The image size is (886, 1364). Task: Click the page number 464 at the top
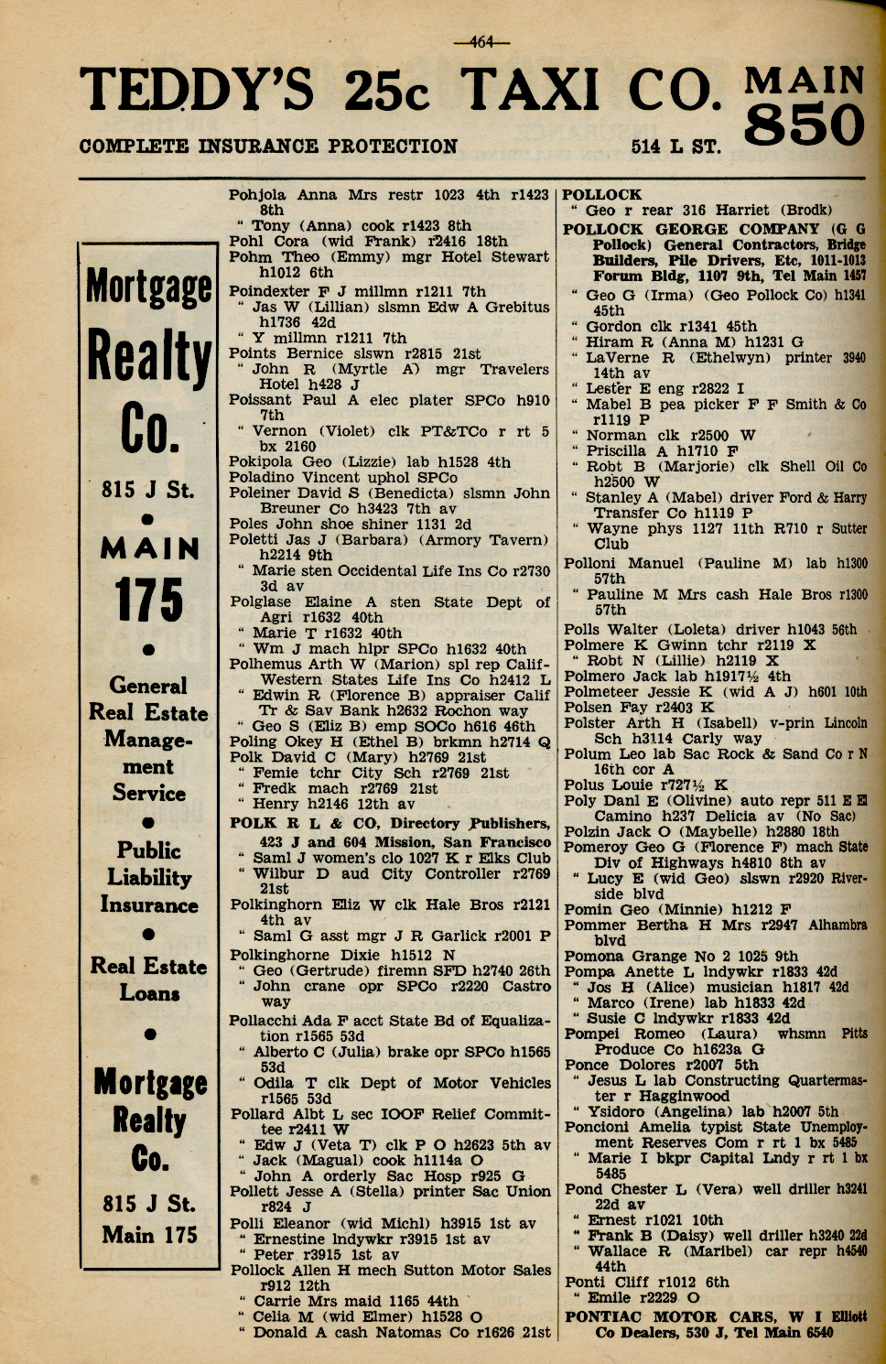(481, 40)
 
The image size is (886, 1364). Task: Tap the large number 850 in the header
(805, 124)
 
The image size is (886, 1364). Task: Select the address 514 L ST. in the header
(675, 146)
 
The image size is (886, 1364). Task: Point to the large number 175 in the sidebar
(149, 601)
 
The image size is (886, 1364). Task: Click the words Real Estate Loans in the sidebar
(149, 980)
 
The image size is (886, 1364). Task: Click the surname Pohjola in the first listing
(257, 195)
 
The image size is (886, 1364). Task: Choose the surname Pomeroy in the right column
(595, 847)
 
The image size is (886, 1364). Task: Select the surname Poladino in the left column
(263, 478)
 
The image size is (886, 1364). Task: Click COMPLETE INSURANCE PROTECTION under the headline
(268, 146)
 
